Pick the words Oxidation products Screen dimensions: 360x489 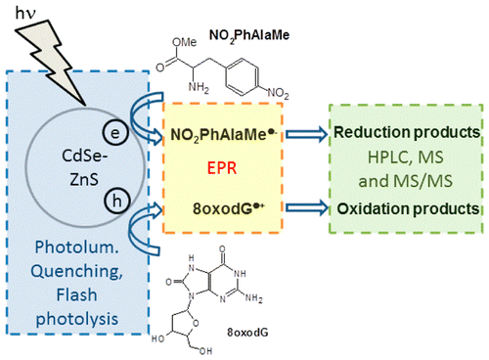click(409, 207)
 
